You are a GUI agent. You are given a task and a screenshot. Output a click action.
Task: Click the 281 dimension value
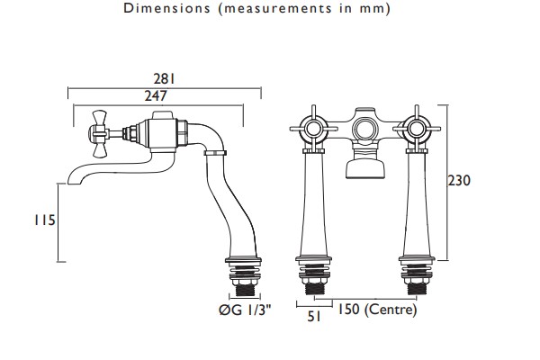[165, 79]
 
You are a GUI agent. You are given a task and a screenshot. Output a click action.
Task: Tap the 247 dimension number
[156, 95]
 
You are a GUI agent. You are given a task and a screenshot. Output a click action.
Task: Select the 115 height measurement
[45, 220]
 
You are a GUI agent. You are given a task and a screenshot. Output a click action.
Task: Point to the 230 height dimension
[459, 181]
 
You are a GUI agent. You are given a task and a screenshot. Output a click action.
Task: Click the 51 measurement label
[314, 316]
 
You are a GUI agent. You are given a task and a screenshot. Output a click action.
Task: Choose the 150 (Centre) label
[377, 310]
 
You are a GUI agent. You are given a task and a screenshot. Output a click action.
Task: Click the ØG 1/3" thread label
[245, 310]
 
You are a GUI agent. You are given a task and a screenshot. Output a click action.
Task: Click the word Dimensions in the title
[166, 8]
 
